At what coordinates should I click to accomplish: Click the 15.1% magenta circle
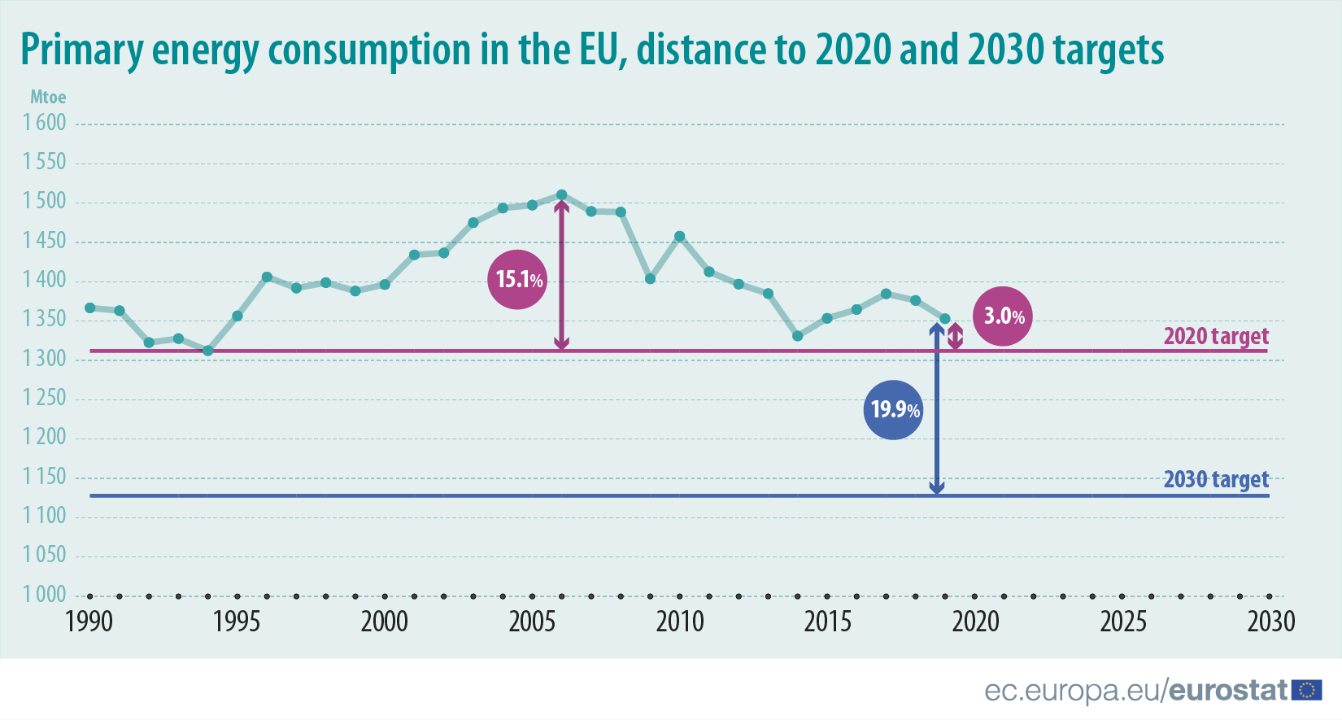click(x=517, y=279)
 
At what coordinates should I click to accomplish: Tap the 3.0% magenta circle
click(x=1003, y=316)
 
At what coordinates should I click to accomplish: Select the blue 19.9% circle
click(x=893, y=409)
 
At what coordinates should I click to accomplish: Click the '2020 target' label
click(x=1215, y=336)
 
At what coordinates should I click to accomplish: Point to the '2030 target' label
click(x=1215, y=479)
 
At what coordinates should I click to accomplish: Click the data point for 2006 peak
click(x=561, y=195)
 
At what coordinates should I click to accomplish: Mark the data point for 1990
click(x=89, y=308)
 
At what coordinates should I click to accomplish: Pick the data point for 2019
click(x=945, y=319)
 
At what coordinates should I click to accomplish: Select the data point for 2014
click(x=798, y=336)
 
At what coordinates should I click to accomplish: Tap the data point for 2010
click(x=680, y=237)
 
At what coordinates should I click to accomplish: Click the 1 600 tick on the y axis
click(x=45, y=123)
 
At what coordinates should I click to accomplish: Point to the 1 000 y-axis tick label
click(x=45, y=595)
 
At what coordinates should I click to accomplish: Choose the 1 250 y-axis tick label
click(x=45, y=398)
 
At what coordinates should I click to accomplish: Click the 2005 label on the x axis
click(x=532, y=622)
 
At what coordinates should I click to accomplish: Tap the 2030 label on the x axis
click(x=1270, y=622)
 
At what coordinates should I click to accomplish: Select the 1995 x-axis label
click(x=237, y=622)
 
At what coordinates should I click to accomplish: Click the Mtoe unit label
click(x=48, y=98)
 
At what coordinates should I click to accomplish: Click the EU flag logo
click(x=1306, y=691)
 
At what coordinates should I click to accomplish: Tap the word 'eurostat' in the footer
click(x=1228, y=691)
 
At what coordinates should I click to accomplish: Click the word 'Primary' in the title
click(x=81, y=50)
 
